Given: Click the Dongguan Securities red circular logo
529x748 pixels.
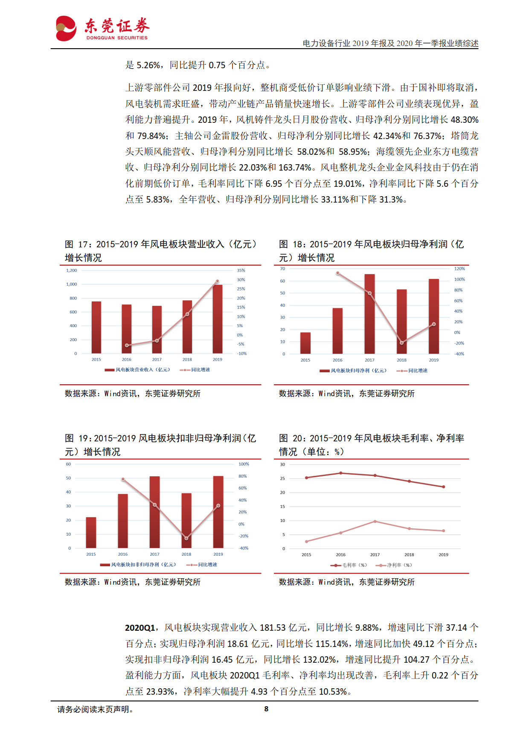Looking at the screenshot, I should [66, 29].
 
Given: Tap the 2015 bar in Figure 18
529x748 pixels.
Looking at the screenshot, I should [305, 343].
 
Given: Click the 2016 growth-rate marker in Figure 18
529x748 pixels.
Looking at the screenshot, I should [338, 273].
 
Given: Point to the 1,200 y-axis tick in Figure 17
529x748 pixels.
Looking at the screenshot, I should [72, 270].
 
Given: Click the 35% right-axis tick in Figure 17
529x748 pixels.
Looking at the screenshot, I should [241, 270].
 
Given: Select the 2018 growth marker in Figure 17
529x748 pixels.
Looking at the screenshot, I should [187, 314].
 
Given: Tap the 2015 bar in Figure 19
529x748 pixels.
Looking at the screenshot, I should [91, 533].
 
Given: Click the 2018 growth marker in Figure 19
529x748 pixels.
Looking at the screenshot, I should [186, 538].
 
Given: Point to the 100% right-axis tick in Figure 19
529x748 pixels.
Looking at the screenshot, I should [244, 464].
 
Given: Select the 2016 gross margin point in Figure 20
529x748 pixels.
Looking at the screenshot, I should [340, 473].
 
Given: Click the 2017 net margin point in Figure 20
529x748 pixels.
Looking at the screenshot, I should [375, 521].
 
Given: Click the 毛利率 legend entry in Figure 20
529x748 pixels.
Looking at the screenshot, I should [349, 565].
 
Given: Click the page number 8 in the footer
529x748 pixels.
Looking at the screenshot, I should [266, 709].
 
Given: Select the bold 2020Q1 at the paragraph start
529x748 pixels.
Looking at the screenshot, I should [140, 628].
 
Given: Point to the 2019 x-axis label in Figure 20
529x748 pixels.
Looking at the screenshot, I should [443, 555].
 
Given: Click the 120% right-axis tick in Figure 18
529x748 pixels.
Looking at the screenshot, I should [459, 269].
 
